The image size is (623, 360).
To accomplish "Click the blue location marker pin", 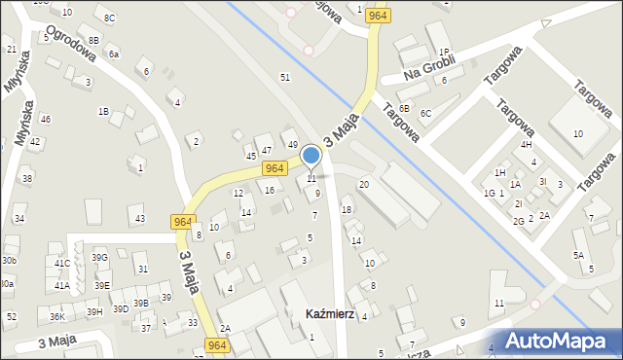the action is tap(311, 155).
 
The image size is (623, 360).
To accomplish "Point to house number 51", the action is tap(285, 77).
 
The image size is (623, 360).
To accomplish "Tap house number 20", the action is tap(364, 184).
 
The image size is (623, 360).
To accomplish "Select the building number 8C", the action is tap(109, 18).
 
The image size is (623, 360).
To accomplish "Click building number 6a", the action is tap(114, 54).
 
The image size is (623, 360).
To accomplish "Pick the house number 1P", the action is tap(443, 53).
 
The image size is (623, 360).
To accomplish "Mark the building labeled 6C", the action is tap(425, 114).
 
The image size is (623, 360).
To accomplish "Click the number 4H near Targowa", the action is tap(527, 145).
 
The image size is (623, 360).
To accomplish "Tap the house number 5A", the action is tap(578, 255).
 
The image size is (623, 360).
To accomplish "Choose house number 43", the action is tap(139, 219).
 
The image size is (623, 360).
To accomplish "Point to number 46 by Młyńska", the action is tap(45, 119).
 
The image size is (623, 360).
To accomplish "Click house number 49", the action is tap(292, 145).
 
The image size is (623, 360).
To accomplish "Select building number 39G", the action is tap(99, 257).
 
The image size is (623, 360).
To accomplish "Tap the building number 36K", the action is tap(57, 317).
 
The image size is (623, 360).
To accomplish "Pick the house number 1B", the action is tap(102, 111).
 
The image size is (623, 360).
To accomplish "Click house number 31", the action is tap(142, 270).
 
